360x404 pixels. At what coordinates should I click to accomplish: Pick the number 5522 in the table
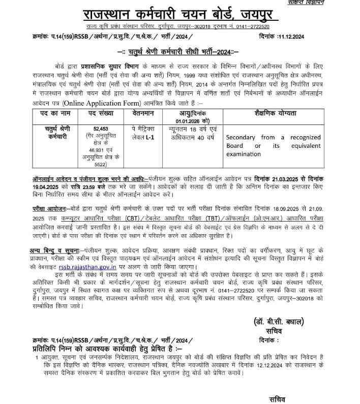102,165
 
